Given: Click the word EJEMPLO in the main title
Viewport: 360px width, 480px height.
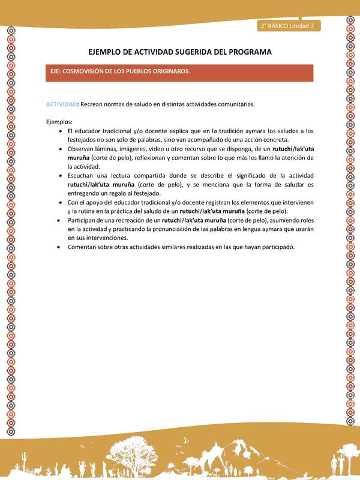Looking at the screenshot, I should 107,52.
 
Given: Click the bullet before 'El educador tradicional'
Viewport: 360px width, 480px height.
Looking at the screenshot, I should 62,131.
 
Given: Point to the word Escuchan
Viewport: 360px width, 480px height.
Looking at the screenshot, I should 81,175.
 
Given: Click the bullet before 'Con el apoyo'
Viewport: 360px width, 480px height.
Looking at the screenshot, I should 62,202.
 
